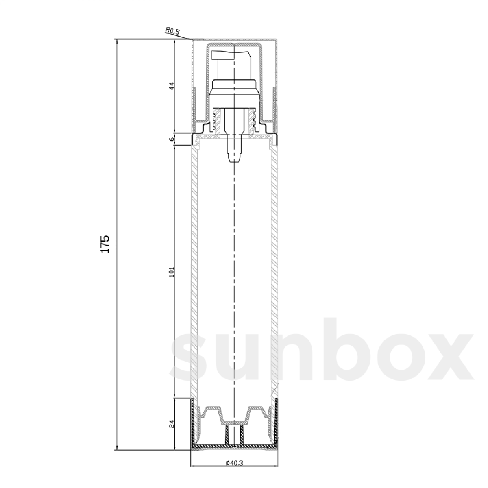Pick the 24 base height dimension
click(172, 424)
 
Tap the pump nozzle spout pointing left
click(220, 54)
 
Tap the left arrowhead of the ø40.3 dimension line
click(192, 465)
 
